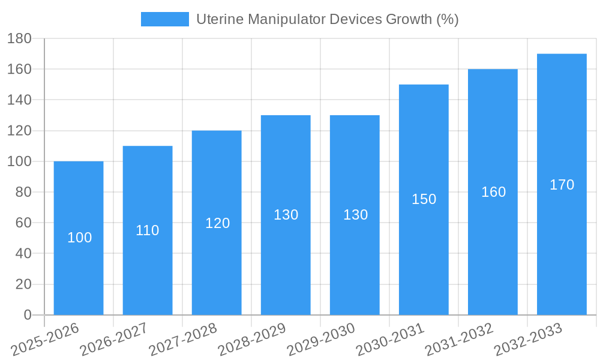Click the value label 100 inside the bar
click(80, 238)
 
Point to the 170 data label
click(562, 185)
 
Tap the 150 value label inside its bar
click(424, 199)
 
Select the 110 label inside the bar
click(148, 230)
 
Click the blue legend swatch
click(164, 19)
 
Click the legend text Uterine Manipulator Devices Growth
click(328, 19)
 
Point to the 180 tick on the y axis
click(19, 38)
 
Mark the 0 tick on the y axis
click(27, 315)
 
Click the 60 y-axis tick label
click(23, 223)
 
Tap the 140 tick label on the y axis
click(19, 100)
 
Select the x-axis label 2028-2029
click(252, 340)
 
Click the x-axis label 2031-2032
click(459, 340)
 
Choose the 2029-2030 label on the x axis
click(321, 340)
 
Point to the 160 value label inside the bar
click(494, 192)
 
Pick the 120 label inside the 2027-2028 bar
click(218, 223)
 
